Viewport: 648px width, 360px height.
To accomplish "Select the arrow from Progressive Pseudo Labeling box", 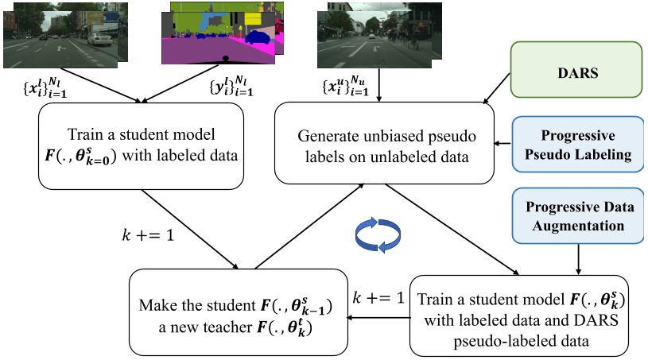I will pos(502,144).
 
